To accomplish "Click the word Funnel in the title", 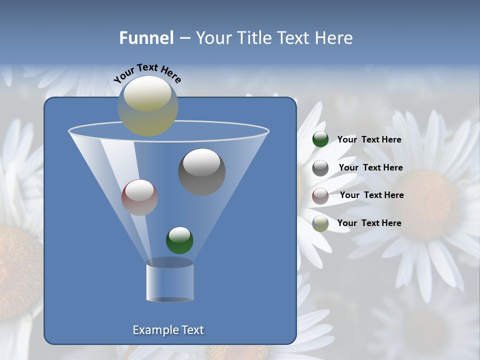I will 146,37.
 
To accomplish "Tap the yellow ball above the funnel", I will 148,106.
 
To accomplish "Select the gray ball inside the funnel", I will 202,172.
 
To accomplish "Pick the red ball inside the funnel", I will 139,197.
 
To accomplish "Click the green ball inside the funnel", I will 179,240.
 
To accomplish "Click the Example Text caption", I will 168,330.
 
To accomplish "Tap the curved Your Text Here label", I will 147,72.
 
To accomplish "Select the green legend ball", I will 320,139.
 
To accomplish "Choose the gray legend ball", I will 320,168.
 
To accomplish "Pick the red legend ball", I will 320,195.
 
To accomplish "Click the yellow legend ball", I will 320,223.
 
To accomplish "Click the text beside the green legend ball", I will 369,139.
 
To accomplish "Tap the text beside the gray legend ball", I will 370,167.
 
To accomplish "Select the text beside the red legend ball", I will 371,195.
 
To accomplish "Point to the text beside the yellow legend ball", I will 369,223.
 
